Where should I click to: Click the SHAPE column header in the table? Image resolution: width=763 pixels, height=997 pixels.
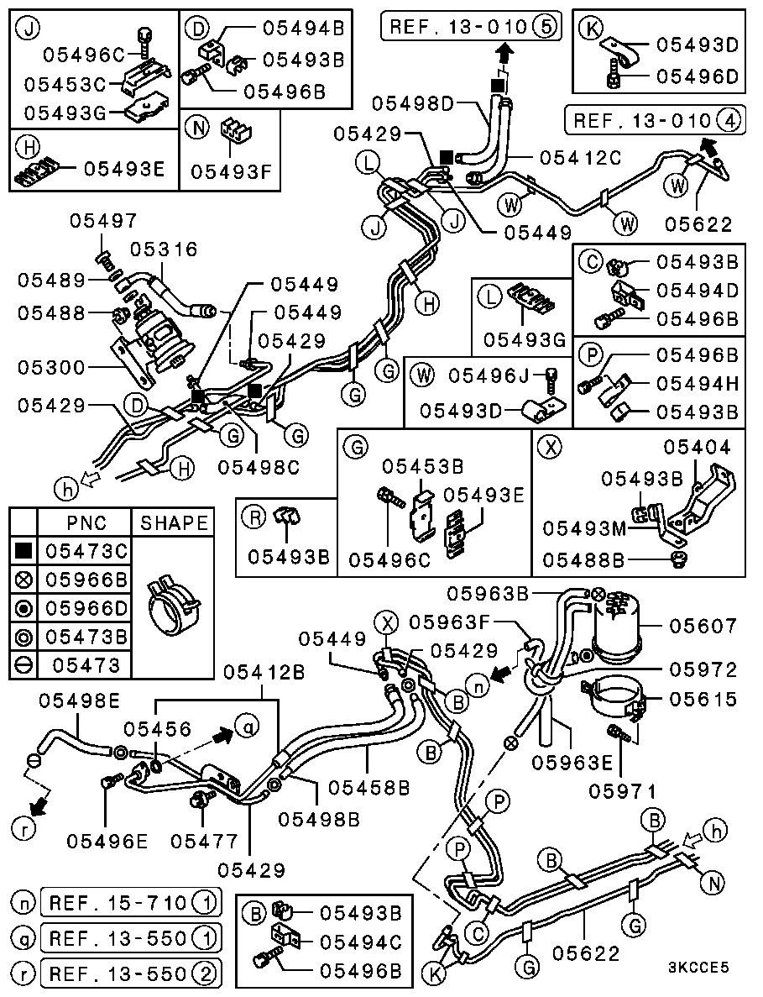click(174, 522)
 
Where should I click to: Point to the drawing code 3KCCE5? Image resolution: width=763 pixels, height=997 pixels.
click(699, 967)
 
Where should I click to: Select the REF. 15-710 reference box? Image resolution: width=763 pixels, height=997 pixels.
click(130, 903)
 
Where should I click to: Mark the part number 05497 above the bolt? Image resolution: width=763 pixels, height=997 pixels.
click(102, 221)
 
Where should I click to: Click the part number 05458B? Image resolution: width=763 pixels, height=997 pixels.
click(368, 787)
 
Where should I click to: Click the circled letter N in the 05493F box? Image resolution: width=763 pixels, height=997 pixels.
click(199, 129)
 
